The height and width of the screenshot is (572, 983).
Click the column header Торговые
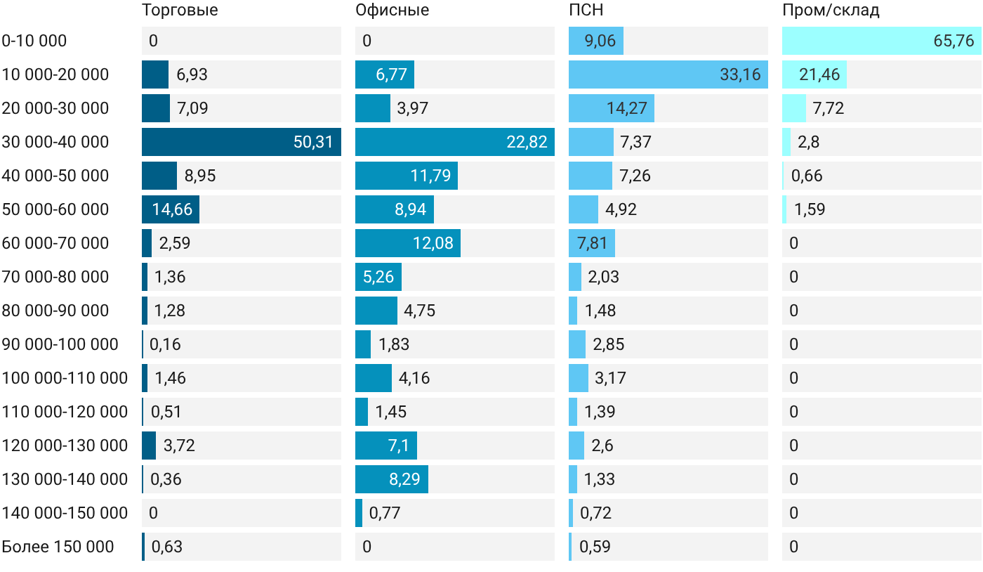coord(180,11)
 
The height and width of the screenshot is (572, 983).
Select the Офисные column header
coord(392,10)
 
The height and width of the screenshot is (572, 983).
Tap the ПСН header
coord(586,10)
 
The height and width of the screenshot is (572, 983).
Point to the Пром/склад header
coord(831,11)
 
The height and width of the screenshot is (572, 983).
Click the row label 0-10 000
coord(34,41)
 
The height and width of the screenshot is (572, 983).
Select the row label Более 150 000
coord(58,547)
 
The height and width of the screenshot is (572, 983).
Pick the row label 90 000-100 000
coord(60,344)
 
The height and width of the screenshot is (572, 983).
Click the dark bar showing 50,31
coord(242,142)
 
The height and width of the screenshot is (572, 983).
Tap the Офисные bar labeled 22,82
coord(455,142)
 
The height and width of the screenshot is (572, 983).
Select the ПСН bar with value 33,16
coord(668,74)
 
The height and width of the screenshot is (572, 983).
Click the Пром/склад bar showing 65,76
coord(882,41)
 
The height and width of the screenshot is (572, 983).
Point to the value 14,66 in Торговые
coord(172,209)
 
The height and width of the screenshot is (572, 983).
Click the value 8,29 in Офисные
coord(404,479)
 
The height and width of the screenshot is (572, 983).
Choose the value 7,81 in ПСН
coord(591,243)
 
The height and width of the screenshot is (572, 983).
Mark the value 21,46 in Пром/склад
coord(819,74)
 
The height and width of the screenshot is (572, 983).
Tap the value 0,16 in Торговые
coord(165,344)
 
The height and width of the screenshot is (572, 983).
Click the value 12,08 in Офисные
coord(433,243)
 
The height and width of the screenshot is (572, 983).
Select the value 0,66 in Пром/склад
coord(807,176)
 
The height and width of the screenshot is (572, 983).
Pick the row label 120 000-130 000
coord(65,446)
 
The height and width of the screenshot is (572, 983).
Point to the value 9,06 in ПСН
coord(600,41)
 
